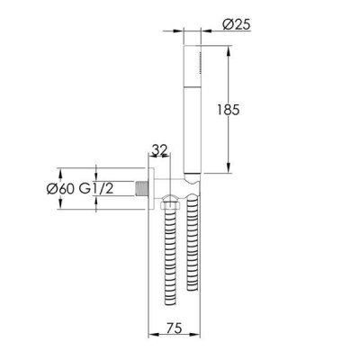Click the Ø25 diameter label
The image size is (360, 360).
237,24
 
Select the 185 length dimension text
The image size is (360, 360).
229,110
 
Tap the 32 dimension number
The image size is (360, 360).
159,149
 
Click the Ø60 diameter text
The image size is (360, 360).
61,189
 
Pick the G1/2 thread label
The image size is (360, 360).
96,189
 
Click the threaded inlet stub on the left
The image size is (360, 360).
141,188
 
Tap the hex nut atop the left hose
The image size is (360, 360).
170,206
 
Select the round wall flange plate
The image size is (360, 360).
151,189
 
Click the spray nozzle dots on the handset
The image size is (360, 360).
199,62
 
